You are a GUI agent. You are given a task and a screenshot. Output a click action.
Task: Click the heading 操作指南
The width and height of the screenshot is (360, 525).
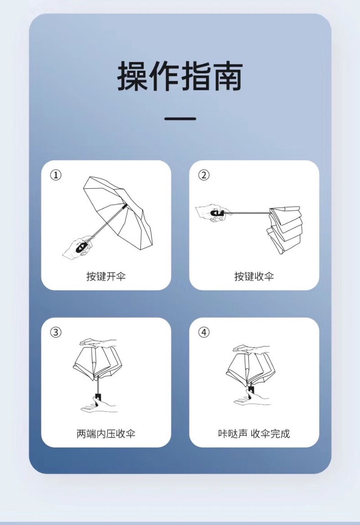180,76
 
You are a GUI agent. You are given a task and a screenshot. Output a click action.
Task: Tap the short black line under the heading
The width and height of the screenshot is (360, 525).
180,118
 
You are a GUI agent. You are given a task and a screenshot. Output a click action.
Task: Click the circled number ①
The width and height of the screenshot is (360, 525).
56,175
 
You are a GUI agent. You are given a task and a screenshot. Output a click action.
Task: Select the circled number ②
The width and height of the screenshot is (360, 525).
204,175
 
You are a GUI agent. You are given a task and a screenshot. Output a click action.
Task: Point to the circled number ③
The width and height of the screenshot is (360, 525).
56,332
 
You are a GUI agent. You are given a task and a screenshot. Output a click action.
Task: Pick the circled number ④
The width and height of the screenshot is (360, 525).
204,332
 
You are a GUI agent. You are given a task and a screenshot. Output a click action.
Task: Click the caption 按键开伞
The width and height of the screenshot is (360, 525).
106,276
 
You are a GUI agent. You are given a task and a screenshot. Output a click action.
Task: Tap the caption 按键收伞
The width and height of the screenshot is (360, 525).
254,276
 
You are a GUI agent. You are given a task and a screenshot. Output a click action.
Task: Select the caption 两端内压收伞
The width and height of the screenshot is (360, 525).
106,434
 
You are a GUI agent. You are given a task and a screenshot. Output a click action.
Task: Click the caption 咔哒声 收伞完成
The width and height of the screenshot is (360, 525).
254,434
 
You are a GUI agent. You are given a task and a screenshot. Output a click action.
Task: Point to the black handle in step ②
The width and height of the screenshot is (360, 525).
217,213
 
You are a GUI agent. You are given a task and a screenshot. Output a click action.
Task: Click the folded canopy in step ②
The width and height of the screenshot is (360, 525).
284,230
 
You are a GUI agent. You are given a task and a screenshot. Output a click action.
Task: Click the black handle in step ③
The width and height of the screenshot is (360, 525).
98,398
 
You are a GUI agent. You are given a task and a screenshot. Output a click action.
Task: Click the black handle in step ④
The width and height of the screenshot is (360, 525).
251,390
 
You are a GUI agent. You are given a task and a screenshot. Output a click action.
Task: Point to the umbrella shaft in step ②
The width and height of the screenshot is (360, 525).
247,213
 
